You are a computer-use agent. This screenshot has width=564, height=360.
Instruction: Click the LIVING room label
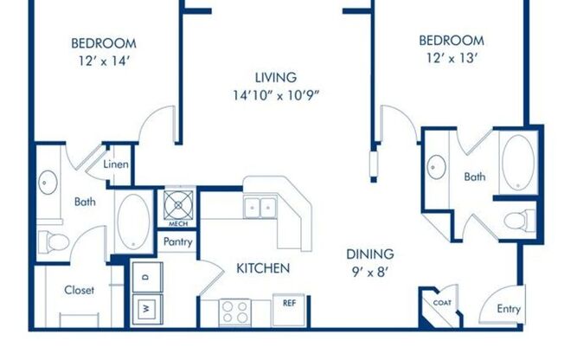pos(276,77)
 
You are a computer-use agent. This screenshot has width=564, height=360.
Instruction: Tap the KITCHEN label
pos(263,268)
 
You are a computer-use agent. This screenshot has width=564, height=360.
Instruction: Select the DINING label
pos(370,254)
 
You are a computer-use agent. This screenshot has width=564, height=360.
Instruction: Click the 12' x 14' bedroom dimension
pos(103,61)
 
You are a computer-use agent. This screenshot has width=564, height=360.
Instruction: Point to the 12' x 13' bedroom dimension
pos(451,58)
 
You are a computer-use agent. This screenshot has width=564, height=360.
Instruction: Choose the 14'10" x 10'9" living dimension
pos(276,94)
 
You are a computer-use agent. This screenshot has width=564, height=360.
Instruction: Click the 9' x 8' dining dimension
pos(370,272)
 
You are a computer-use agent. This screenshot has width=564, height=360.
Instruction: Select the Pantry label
pos(176,243)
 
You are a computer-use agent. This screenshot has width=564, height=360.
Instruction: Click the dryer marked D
pos(145,276)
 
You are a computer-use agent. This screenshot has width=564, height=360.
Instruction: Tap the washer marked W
pos(145,307)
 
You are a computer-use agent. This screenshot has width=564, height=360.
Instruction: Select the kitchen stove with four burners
pos(234,309)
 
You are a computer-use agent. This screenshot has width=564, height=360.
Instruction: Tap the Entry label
pos(510,309)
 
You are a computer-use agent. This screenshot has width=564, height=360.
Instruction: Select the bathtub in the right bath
pos(519,162)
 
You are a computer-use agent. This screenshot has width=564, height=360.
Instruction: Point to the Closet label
pos(80,291)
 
